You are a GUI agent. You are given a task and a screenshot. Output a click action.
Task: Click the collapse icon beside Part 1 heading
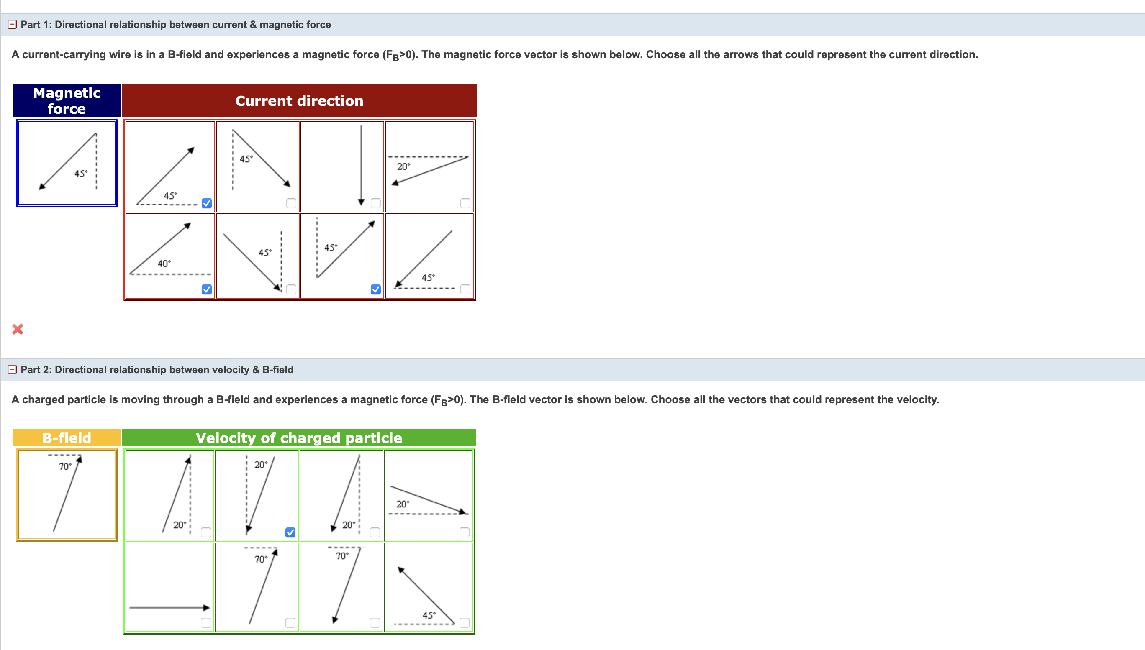(13, 24)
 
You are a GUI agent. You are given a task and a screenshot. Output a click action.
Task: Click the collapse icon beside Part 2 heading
(13, 369)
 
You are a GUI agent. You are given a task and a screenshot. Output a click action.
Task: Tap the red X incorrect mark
(18, 329)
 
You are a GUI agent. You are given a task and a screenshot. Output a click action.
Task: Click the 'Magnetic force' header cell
(67, 100)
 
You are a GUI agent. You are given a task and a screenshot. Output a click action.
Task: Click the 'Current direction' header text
(299, 101)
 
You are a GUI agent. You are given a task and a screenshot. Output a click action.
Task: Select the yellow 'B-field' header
(67, 438)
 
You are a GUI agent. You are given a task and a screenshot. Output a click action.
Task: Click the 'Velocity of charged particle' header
(299, 438)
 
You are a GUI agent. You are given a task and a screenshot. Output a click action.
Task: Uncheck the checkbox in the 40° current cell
(206, 289)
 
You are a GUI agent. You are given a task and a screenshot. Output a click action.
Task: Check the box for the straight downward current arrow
(375, 204)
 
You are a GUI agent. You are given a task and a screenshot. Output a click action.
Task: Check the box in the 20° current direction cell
(465, 204)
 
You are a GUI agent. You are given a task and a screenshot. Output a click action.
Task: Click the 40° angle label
(164, 264)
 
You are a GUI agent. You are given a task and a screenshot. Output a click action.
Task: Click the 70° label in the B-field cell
(65, 466)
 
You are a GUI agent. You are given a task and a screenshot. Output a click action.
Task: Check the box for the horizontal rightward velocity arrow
(205, 622)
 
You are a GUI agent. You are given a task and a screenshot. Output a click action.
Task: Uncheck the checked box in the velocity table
(290, 532)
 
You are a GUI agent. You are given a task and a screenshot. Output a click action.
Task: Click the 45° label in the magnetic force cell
(81, 173)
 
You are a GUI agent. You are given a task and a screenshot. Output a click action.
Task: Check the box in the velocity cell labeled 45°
(465, 622)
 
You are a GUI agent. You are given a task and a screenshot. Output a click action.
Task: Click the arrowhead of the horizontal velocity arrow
(206, 607)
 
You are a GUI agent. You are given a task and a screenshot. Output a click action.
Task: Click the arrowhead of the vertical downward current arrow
(361, 202)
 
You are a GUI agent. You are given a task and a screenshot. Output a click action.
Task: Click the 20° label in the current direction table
(403, 166)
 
